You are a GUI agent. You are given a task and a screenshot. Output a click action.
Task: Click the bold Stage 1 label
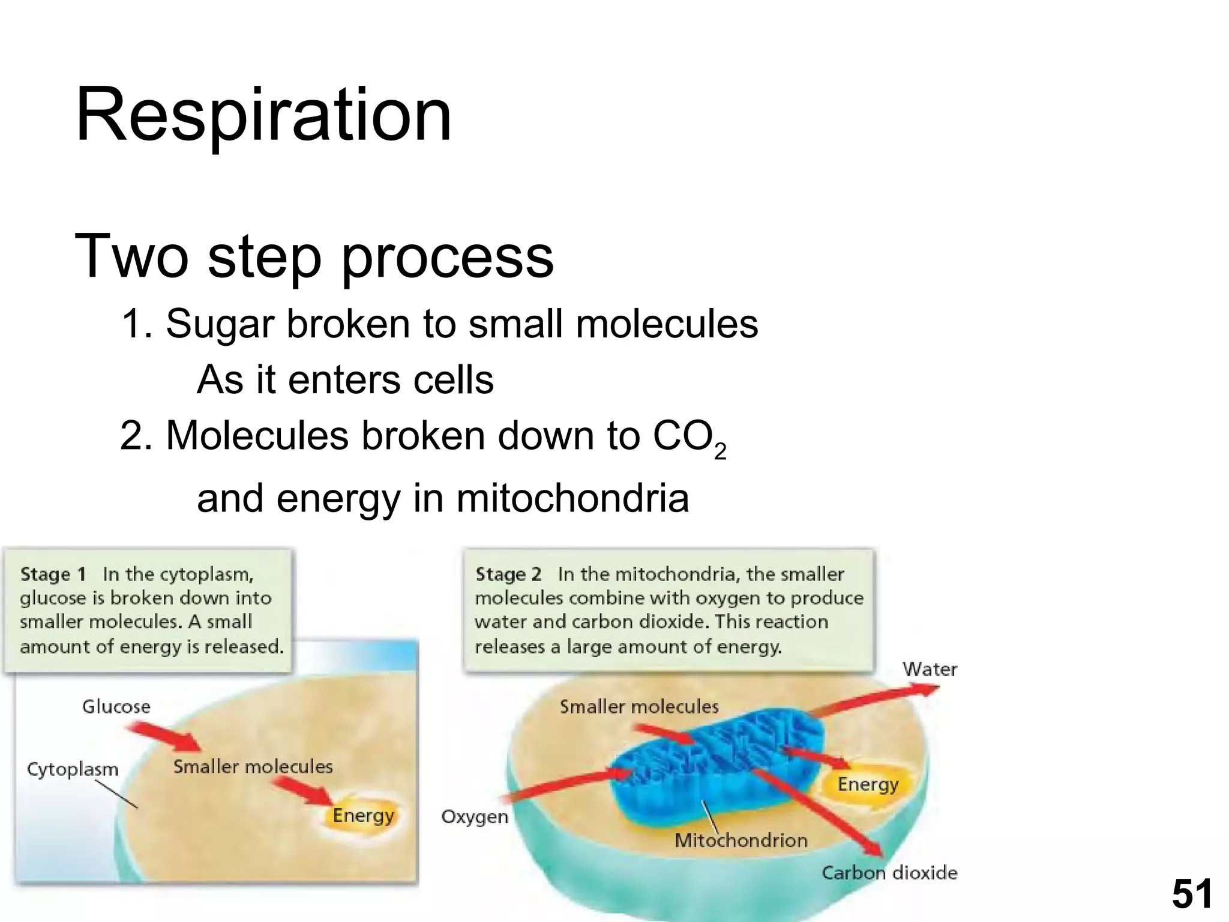point(53,574)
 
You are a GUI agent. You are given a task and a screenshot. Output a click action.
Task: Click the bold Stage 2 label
point(508,574)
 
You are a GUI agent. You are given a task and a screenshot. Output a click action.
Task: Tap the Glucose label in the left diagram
point(116,707)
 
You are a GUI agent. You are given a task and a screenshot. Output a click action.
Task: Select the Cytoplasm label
point(72,769)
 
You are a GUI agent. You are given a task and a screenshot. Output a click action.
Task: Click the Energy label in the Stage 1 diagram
point(363,815)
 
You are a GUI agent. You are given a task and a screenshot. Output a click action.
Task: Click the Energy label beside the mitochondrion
point(868,784)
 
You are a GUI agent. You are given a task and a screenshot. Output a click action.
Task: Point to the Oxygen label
point(474,817)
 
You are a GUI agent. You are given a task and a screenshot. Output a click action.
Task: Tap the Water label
point(929,669)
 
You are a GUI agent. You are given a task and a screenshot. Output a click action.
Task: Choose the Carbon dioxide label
point(889,873)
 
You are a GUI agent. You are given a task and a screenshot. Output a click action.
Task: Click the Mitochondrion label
point(741,840)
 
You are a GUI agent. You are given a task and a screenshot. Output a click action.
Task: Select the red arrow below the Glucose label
point(164,737)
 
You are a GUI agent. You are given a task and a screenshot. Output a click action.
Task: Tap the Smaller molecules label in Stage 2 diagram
point(639,707)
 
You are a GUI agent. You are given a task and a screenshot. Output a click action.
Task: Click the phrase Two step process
point(314,256)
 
